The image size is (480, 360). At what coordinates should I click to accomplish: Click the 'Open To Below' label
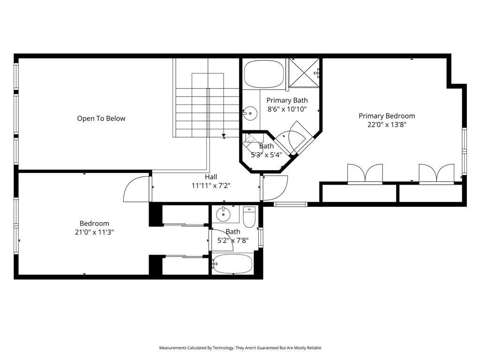click(x=101, y=119)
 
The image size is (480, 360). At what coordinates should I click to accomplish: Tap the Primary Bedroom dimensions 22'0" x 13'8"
click(x=387, y=125)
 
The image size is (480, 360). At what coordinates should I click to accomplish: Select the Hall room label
click(x=211, y=177)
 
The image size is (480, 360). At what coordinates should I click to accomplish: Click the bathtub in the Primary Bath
click(x=264, y=75)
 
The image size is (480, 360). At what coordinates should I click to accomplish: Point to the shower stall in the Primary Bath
click(x=304, y=73)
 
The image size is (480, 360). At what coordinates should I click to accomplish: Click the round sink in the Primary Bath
click(x=251, y=112)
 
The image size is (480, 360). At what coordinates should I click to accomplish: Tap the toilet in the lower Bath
click(x=248, y=217)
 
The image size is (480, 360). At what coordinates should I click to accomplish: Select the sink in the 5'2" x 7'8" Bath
click(x=224, y=215)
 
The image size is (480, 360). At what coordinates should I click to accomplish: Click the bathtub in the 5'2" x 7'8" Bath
click(x=232, y=264)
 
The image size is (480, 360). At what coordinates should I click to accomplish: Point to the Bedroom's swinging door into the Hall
click(x=136, y=189)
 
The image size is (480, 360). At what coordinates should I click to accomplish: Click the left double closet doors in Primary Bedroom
click(x=365, y=173)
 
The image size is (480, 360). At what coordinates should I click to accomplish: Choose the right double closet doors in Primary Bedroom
click(x=436, y=173)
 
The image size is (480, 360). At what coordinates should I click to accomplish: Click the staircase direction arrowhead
click(x=224, y=135)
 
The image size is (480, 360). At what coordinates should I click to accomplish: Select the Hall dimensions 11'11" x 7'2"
click(x=211, y=185)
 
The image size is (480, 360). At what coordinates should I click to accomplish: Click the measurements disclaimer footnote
click(x=240, y=348)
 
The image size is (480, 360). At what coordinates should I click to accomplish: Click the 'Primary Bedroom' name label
click(x=387, y=116)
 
